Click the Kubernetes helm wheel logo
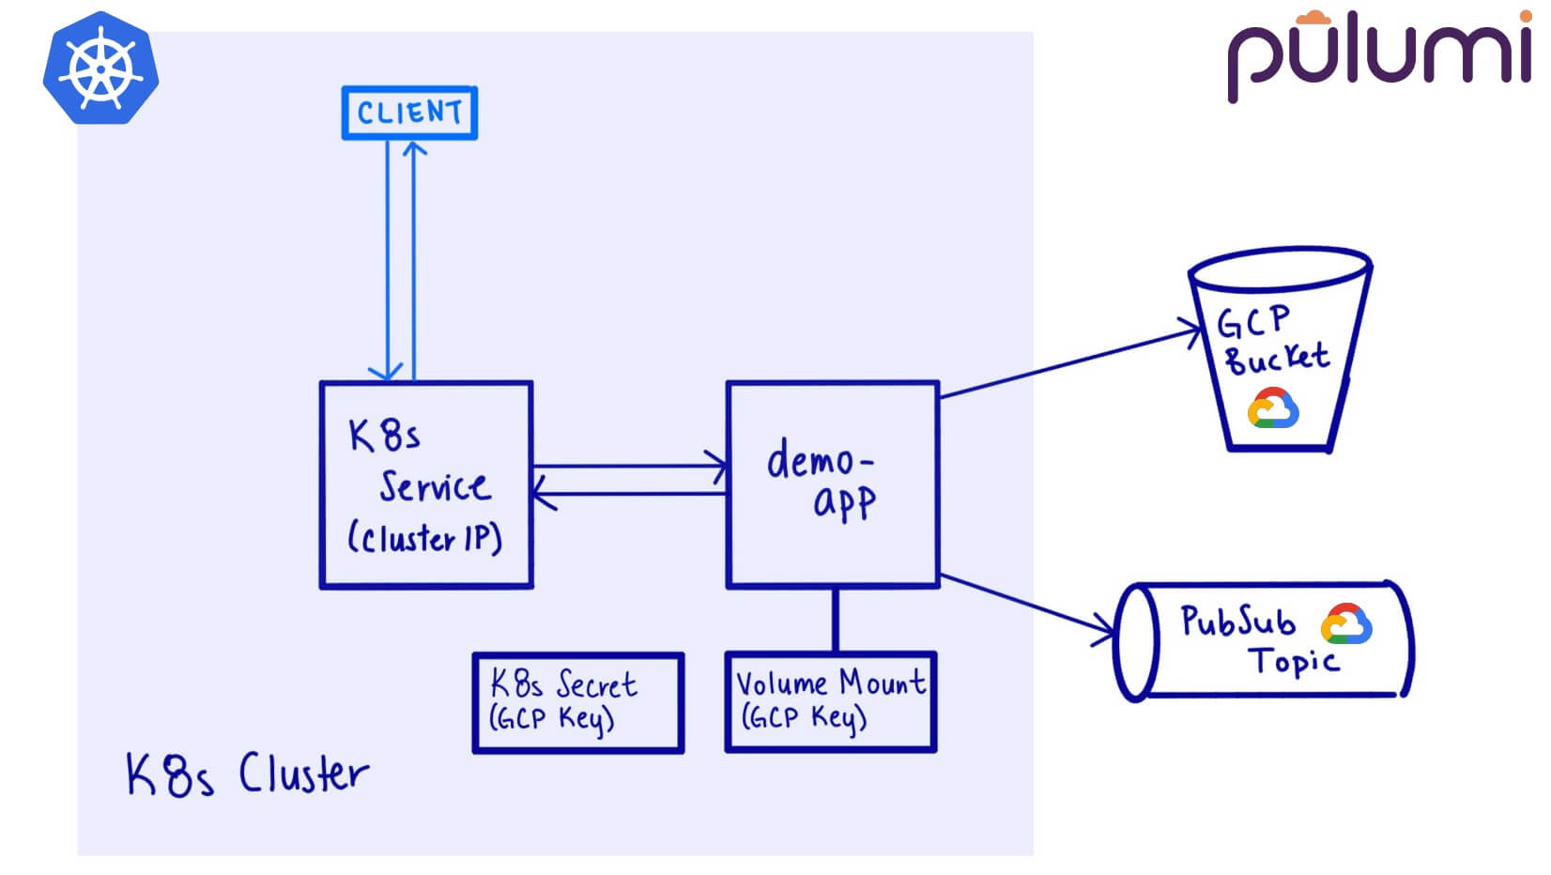click(101, 68)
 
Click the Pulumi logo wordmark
click(1379, 55)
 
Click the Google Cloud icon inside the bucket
click(1273, 407)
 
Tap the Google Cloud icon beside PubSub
click(1346, 623)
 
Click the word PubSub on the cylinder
click(1238, 621)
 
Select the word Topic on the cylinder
click(1294, 661)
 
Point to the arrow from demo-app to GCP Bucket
click(1070, 362)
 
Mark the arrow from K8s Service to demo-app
click(630, 466)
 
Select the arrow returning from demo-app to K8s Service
click(629, 494)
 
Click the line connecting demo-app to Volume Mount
click(835, 621)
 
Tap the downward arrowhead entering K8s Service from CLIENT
click(387, 373)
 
